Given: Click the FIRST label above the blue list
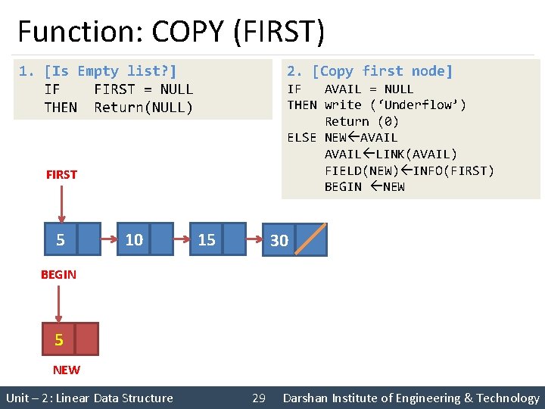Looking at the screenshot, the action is (x=61, y=174).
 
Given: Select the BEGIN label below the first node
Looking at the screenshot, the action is (x=58, y=275).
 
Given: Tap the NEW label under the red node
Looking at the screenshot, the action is (x=66, y=370).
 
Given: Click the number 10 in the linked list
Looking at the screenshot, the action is (x=134, y=240).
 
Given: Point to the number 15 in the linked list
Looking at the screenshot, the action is (x=207, y=240).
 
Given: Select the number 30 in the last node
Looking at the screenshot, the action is (x=279, y=240).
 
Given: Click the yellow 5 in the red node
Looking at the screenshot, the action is (x=59, y=340).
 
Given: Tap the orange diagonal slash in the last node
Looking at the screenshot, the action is (x=311, y=239).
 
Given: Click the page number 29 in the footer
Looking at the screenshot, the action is (x=258, y=398).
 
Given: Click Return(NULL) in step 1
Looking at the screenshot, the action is (x=144, y=108).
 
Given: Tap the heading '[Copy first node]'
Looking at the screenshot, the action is (x=382, y=71).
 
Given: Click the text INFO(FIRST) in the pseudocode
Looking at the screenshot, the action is (x=453, y=170).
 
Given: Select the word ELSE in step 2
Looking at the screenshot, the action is (x=301, y=137).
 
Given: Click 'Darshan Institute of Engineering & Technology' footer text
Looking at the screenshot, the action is (x=411, y=398).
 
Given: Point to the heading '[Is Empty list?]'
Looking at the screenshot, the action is (x=111, y=71).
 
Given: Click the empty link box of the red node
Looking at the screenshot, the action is (x=86, y=339).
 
